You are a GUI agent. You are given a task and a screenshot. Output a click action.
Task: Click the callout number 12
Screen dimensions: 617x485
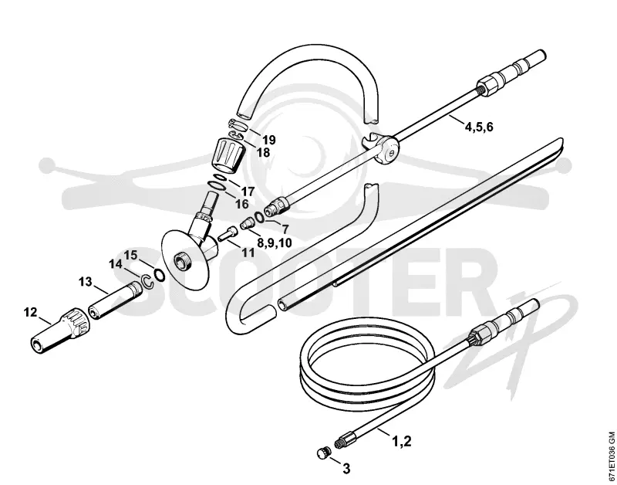pyautogui.click(x=30, y=313)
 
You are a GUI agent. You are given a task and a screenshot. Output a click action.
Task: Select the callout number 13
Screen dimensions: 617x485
pyautogui.click(x=85, y=282)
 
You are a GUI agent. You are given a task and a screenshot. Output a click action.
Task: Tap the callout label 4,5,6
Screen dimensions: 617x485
pyautogui.click(x=479, y=127)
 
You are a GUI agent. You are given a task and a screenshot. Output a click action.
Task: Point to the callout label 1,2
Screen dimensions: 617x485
pyautogui.click(x=401, y=441)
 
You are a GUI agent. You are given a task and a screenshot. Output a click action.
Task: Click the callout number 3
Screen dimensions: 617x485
pyautogui.click(x=346, y=469)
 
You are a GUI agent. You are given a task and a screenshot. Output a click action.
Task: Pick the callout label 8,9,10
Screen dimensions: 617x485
pyautogui.click(x=275, y=242)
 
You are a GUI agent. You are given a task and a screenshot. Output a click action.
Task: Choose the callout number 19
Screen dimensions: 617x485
pyautogui.click(x=269, y=140)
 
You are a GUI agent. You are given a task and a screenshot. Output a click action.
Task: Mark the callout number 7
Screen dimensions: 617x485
pyautogui.click(x=284, y=229)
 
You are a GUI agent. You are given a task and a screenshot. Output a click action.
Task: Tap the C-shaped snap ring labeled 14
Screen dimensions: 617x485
pyautogui.click(x=147, y=281)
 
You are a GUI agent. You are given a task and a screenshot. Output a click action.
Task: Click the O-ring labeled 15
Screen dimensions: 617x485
pyautogui.click(x=159, y=275)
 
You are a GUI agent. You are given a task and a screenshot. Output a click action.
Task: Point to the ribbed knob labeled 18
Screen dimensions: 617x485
pyautogui.click(x=230, y=154)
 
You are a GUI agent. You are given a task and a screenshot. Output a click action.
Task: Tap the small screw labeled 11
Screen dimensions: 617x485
pyautogui.click(x=227, y=233)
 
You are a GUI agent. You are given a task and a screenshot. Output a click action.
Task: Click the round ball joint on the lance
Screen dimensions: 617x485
pyautogui.click(x=386, y=150)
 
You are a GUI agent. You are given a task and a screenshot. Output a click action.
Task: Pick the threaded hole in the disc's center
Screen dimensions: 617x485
pyautogui.click(x=182, y=260)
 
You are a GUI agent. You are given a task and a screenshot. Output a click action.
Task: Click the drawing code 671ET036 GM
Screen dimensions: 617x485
pyautogui.click(x=611, y=458)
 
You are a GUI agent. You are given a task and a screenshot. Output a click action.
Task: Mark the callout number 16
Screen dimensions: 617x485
pyautogui.click(x=242, y=204)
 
